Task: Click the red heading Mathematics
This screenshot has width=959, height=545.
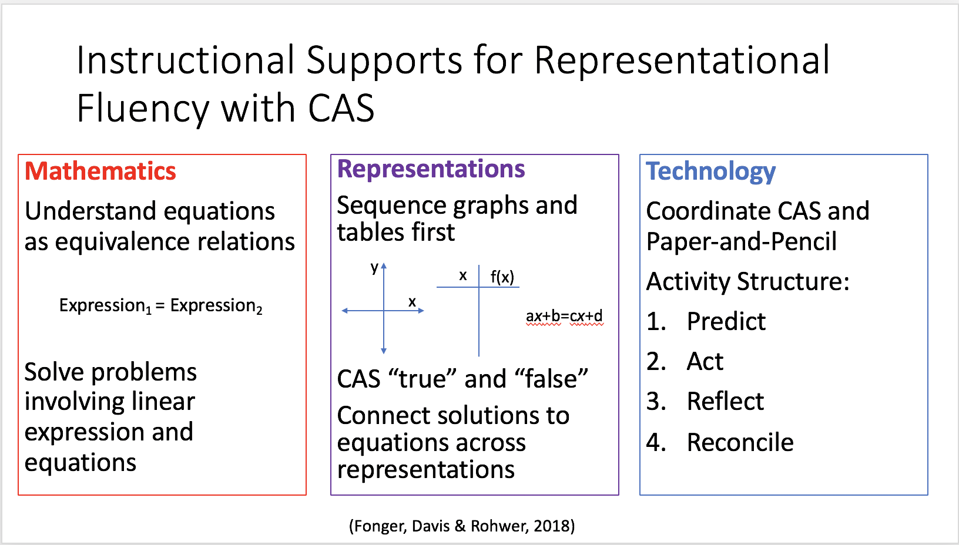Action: point(100,171)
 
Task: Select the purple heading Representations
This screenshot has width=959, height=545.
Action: point(431,169)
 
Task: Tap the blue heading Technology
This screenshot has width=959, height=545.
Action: point(710,172)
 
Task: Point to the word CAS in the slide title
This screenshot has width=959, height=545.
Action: point(341,108)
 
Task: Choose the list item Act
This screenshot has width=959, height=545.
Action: point(705,361)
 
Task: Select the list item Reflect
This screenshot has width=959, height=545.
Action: point(725,401)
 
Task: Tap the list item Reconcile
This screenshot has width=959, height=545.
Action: point(740,442)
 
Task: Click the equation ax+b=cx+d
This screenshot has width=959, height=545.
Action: point(564,316)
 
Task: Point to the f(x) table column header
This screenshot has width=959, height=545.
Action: point(502,277)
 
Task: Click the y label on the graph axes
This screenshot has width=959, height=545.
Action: point(375,268)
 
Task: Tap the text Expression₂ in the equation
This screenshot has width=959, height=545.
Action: point(216,306)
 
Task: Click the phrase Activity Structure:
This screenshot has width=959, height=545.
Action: point(747,281)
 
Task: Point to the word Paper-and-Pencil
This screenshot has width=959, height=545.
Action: point(741,241)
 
